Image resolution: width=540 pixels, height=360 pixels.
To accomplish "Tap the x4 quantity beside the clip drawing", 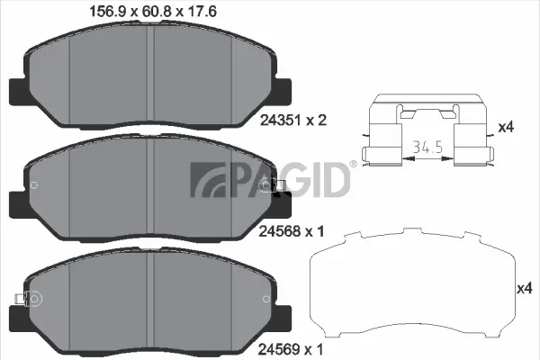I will click(507, 128).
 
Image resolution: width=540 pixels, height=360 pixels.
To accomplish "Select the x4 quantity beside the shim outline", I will click(524, 288).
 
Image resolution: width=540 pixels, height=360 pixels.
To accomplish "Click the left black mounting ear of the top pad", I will click(16, 90).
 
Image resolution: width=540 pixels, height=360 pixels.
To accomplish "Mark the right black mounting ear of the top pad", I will click(283, 90).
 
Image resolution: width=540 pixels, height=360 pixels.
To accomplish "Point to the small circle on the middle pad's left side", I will click(34, 186).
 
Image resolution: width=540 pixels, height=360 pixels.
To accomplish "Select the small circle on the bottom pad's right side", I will click(264, 299).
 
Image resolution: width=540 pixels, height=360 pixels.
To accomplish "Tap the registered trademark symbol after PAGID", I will click(352, 165).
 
